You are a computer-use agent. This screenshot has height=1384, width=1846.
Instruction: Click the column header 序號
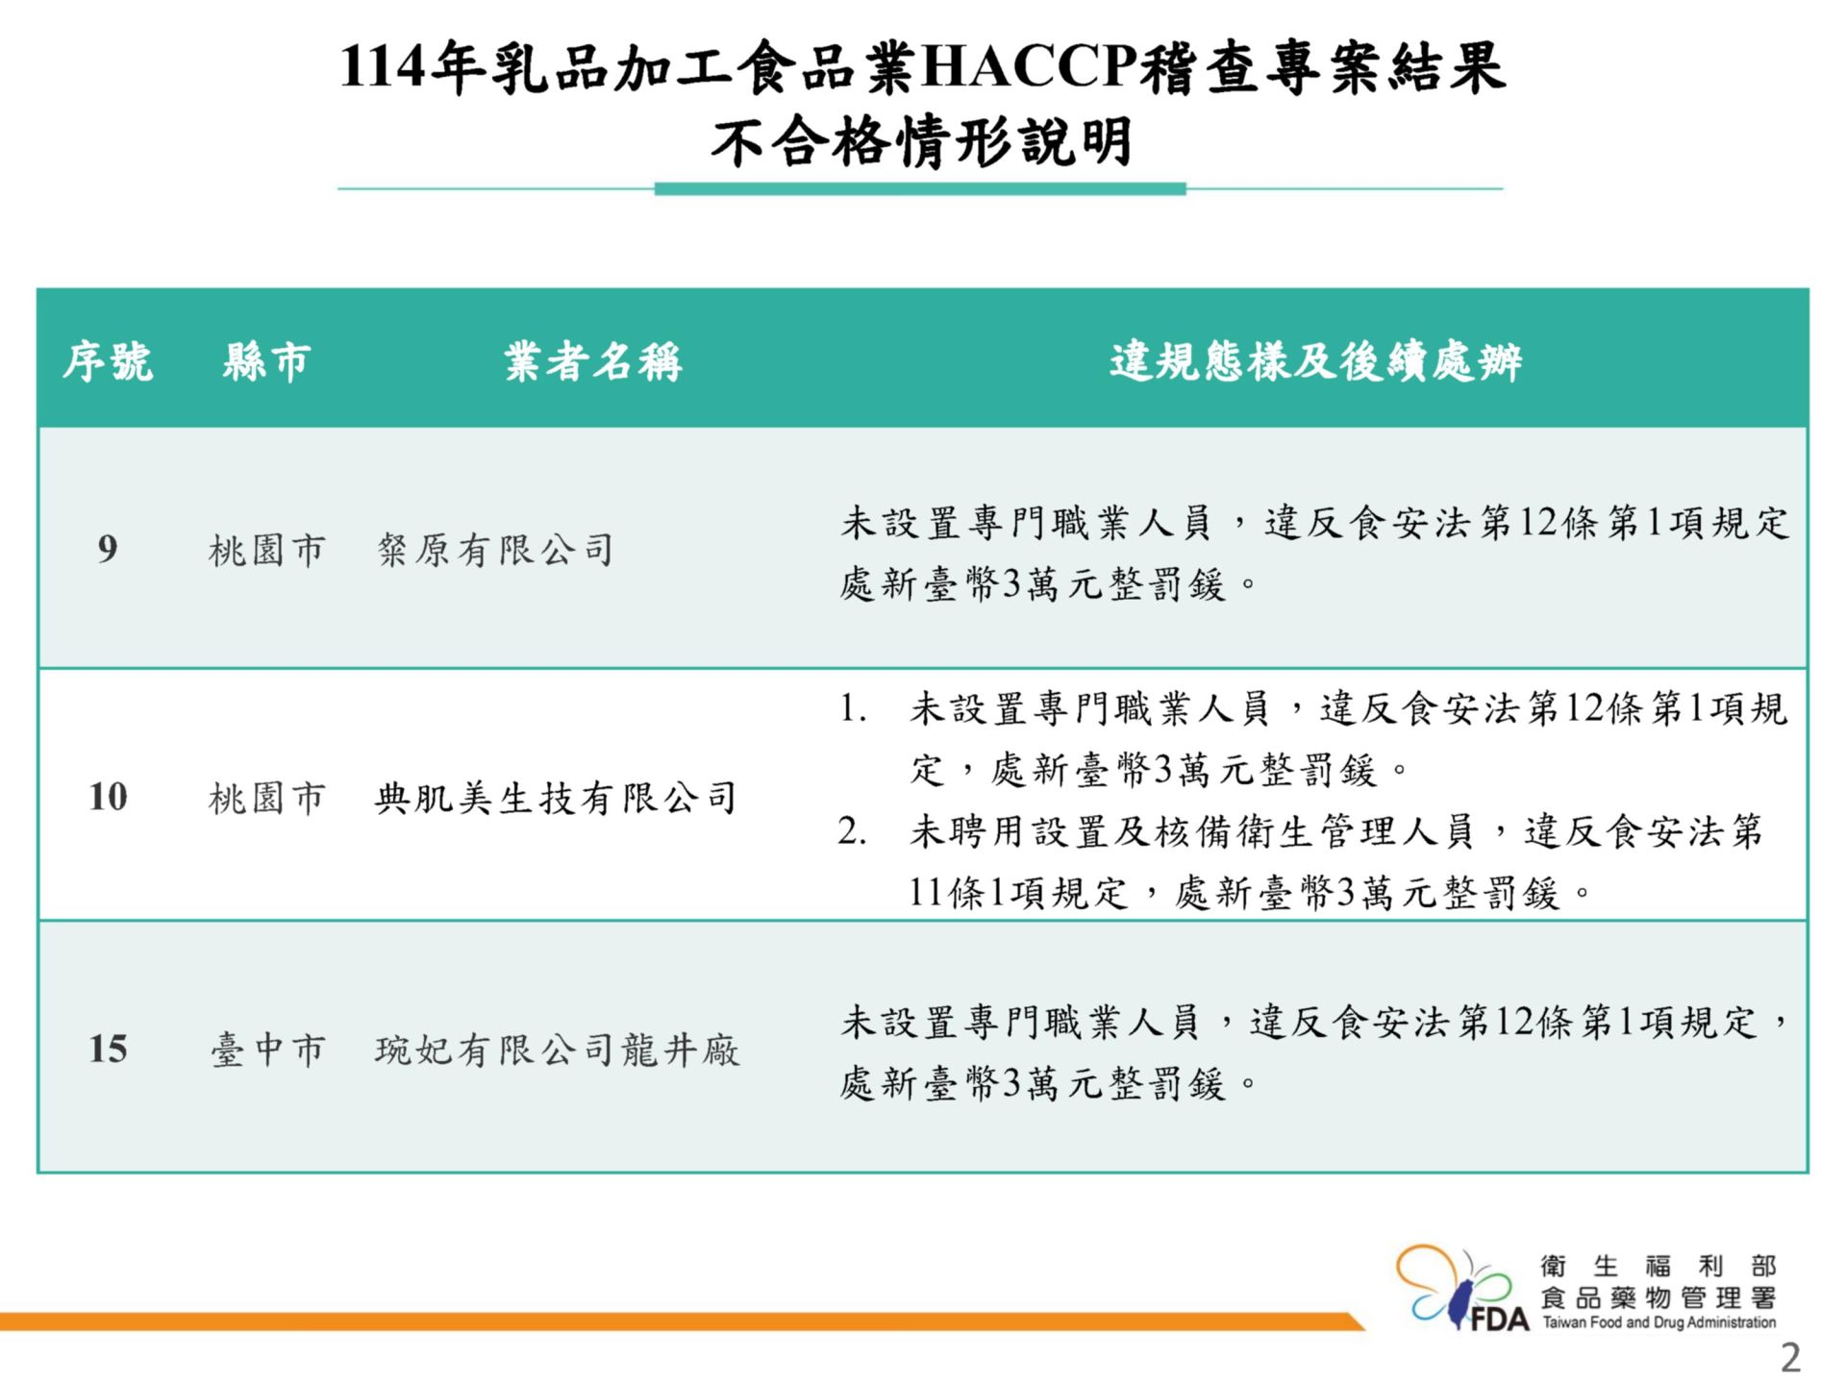click(108, 362)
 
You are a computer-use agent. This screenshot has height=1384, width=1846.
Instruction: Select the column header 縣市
click(266, 362)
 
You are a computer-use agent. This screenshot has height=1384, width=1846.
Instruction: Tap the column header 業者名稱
click(593, 362)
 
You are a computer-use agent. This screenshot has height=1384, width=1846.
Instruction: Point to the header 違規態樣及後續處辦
click(1315, 362)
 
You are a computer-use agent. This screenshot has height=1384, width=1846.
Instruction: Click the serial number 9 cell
click(108, 549)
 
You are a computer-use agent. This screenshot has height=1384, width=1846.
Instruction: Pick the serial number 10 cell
click(108, 797)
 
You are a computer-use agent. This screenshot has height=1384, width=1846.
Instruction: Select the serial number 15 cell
click(108, 1049)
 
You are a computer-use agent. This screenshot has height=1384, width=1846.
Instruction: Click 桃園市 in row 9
click(267, 551)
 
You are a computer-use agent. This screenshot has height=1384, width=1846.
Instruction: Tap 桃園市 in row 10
click(267, 798)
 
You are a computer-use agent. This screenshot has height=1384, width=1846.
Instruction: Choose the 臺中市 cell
click(267, 1050)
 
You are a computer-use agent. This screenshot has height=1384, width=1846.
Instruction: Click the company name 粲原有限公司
click(495, 550)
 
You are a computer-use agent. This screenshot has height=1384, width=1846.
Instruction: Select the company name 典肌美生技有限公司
click(557, 798)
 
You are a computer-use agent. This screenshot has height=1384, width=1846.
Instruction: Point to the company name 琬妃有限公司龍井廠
click(558, 1050)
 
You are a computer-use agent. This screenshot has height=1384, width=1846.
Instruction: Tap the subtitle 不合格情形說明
click(921, 142)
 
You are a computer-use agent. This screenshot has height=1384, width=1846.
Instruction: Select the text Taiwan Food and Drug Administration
click(1659, 1322)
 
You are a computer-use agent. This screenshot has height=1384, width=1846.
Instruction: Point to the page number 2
click(1790, 1358)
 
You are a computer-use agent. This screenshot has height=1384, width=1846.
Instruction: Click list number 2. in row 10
click(853, 831)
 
